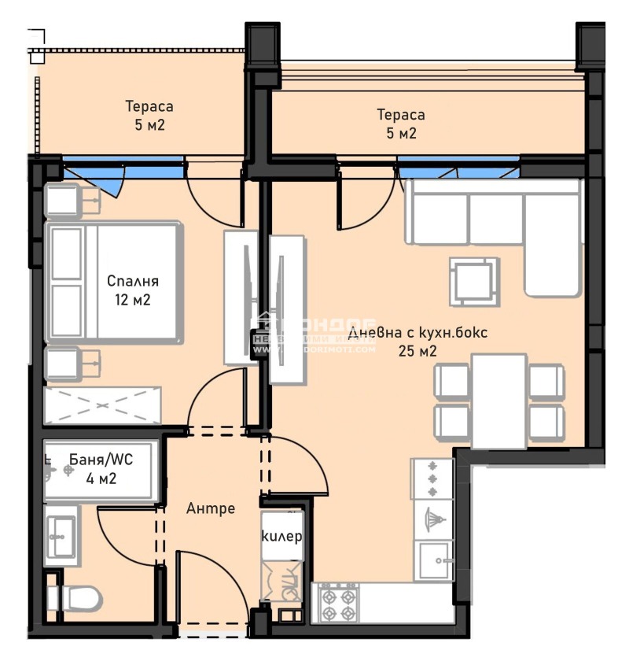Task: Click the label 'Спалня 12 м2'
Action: point(133,290)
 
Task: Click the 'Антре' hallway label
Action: point(211,508)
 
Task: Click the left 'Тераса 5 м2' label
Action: point(149,115)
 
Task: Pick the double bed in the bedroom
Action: point(114,282)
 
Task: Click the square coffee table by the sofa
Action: point(473,281)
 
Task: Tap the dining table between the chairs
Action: point(499,401)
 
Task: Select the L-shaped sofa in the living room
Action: point(495,224)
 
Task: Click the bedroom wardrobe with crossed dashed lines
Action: point(103,405)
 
